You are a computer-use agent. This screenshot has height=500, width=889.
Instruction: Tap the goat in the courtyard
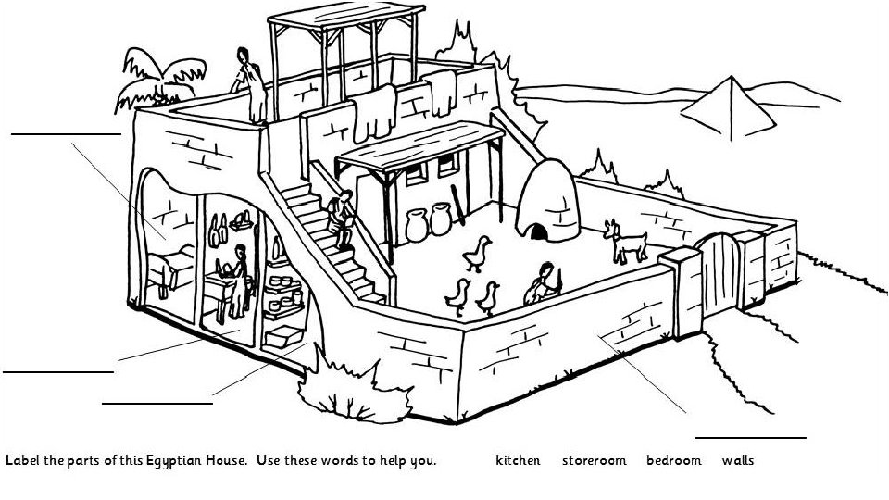626,242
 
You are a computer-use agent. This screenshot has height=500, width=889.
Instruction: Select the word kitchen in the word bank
518,460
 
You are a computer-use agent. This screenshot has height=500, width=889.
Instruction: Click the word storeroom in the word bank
594,460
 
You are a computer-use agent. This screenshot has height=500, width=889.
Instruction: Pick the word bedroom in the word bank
673,460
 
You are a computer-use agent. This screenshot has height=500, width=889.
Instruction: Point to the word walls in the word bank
738,460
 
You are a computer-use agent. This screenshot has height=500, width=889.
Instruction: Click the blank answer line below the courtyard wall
750,436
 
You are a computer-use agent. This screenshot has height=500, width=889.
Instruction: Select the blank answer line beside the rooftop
66,134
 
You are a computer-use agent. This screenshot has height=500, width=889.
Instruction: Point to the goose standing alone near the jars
478,252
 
